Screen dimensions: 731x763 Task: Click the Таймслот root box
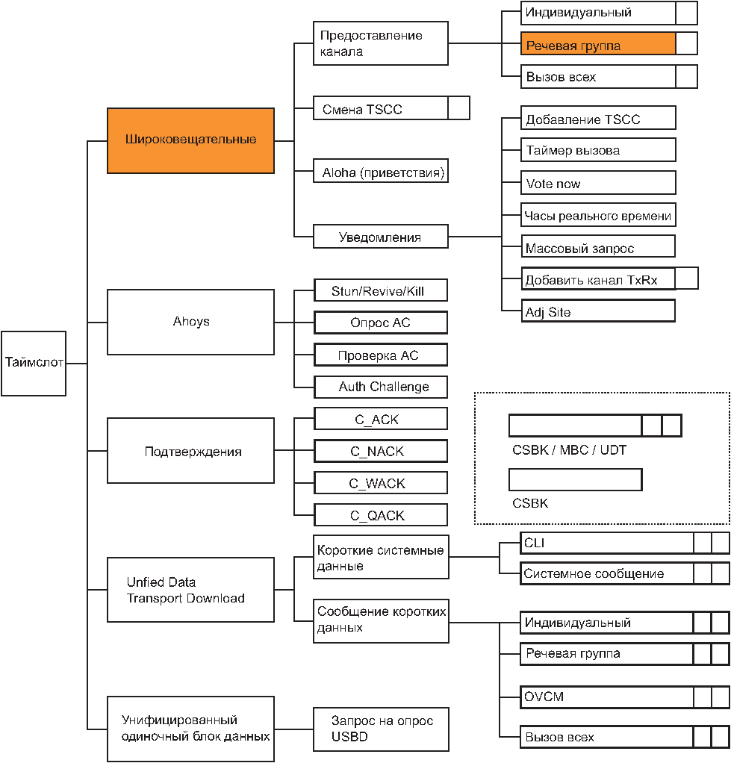34,364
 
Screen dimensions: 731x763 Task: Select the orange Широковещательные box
191,140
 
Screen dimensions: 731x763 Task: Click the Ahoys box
191,322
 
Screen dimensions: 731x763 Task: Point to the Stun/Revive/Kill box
381,291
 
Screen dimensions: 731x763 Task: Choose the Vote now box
598,183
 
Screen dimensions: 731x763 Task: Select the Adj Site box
598,311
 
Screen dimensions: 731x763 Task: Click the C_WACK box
381,483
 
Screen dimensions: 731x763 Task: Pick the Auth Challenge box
381,387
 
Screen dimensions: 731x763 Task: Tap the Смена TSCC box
391,108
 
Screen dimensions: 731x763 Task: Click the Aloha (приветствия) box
381,171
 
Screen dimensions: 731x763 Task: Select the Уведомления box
381,237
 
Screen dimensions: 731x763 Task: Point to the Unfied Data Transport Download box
191,590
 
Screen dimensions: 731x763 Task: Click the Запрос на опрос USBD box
381,729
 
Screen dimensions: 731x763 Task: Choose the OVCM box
625,697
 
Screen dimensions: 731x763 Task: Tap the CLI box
625,543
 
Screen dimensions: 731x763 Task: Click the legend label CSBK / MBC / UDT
569,450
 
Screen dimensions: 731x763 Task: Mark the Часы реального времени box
598,215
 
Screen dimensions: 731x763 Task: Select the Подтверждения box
191,451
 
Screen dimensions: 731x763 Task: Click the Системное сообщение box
625,573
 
